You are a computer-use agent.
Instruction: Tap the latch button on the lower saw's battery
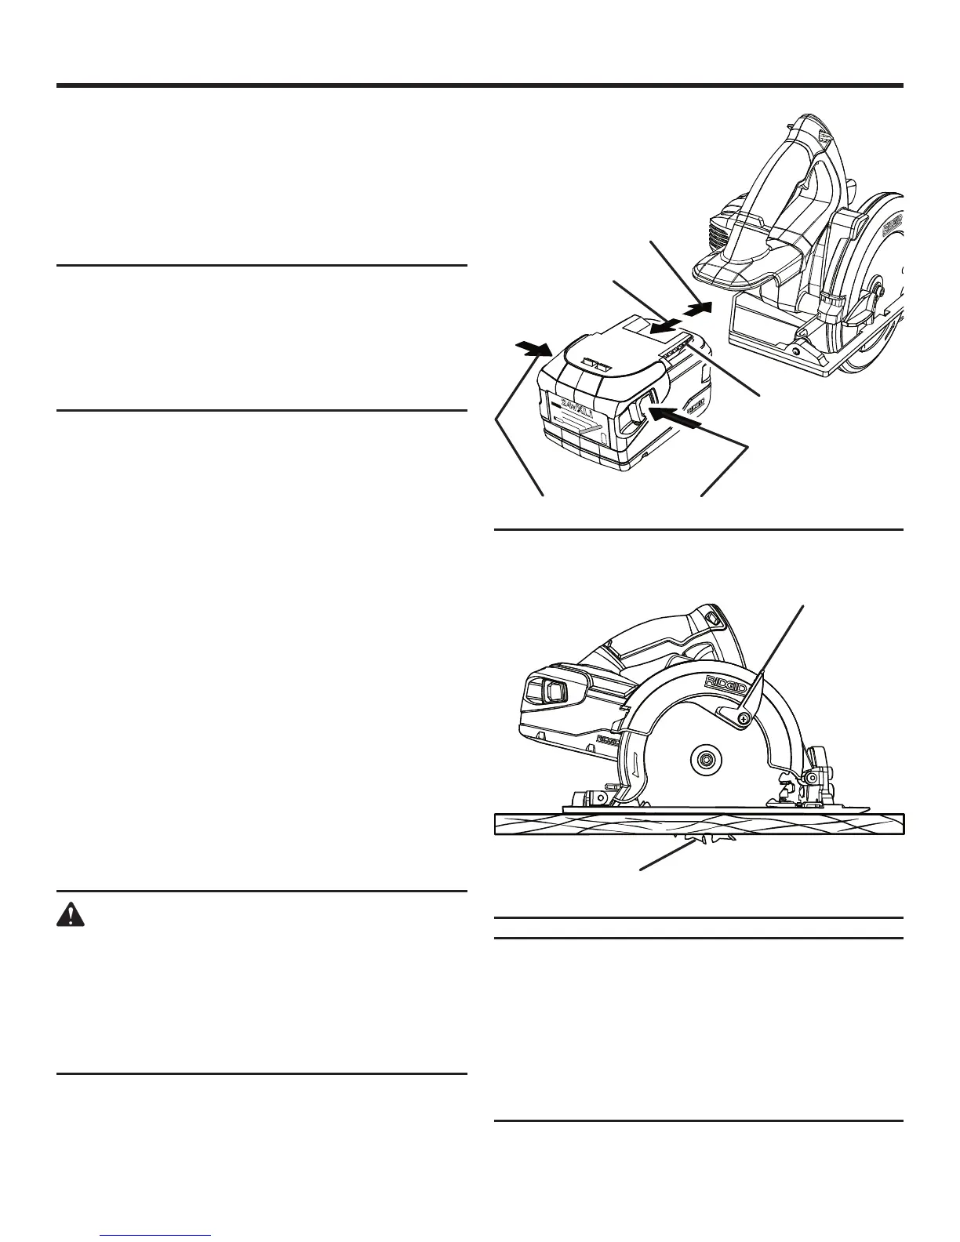(548, 691)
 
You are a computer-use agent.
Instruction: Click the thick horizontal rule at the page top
(480, 85)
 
